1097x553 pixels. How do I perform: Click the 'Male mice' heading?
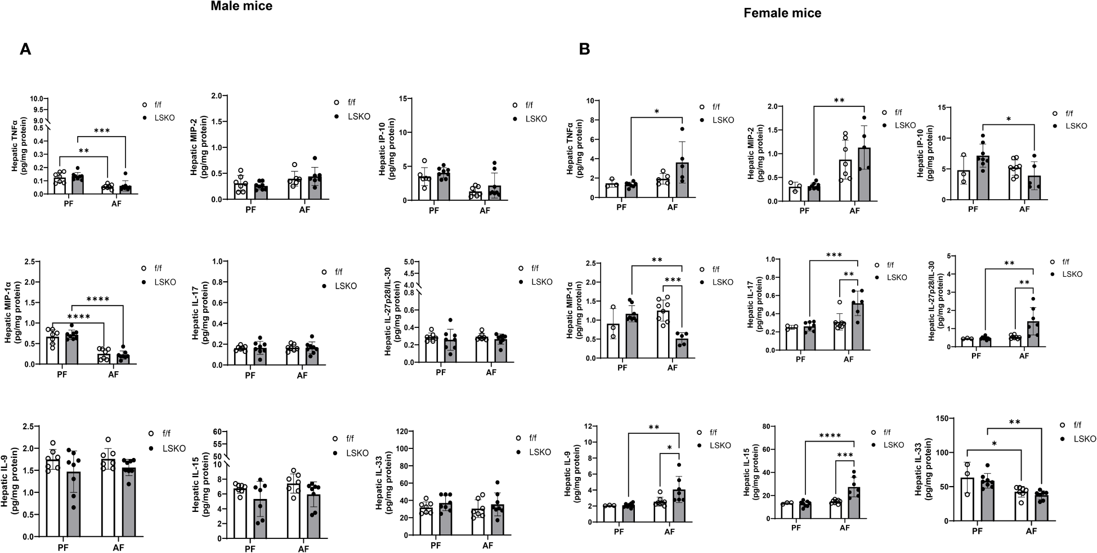(x=241, y=7)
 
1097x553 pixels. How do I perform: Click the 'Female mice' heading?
(x=782, y=13)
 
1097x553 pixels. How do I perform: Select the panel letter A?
(x=25, y=50)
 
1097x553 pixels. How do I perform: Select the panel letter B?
(x=585, y=50)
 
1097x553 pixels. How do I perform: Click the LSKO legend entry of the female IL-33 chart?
(x=1083, y=438)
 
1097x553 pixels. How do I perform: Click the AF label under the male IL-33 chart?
(x=487, y=545)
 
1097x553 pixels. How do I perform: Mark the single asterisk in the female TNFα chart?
(x=656, y=111)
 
